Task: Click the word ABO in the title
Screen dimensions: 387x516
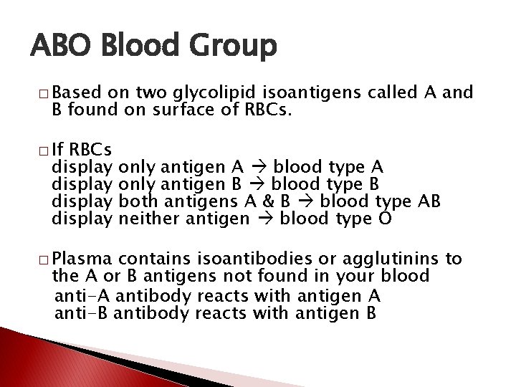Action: tap(61, 47)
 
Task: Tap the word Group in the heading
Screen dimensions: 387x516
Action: tap(232, 48)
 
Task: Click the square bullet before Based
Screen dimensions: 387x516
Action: tap(44, 95)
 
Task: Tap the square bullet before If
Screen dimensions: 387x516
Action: tap(44, 151)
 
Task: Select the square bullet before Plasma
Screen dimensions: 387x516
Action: tap(44, 259)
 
